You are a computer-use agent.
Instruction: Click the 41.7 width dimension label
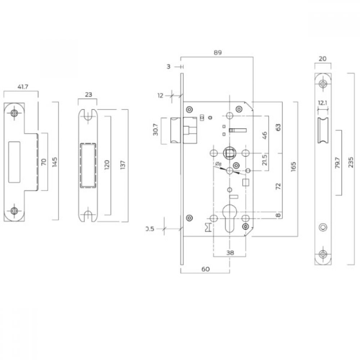(x=21, y=87)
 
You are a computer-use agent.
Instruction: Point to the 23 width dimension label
(x=89, y=95)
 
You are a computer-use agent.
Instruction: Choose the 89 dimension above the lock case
(x=217, y=52)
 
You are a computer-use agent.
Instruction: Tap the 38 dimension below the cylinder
(x=230, y=253)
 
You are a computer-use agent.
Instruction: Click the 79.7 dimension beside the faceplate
(x=338, y=163)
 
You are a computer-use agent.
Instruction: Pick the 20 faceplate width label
(x=323, y=58)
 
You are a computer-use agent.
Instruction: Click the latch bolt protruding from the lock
(x=175, y=131)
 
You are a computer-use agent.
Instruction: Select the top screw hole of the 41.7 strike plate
(x=14, y=113)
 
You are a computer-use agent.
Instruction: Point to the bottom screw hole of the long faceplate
(x=323, y=254)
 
